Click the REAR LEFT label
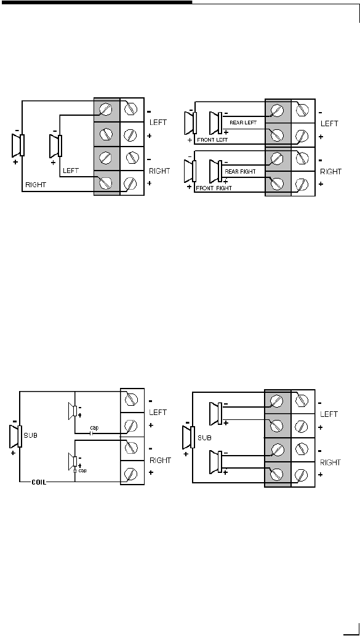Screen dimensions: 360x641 [243, 123]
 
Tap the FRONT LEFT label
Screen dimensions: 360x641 [212, 140]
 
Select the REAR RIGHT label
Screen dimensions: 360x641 [240, 172]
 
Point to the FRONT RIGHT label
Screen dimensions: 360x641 [214, 188]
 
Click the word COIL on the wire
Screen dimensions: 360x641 [39, 482]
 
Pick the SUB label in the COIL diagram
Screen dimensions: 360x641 [31, 435]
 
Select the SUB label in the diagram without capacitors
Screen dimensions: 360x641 [204, 438]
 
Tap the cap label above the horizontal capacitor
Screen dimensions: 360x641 [94, 427]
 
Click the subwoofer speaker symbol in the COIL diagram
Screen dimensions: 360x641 [15, 436]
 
